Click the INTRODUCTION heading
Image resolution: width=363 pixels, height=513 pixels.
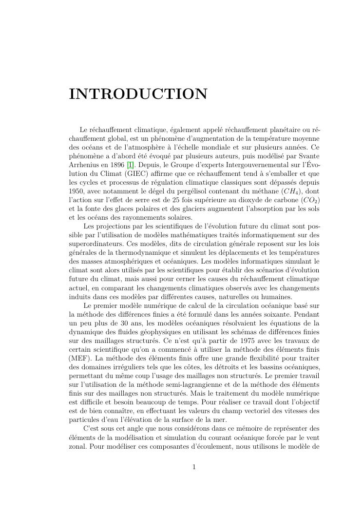coord(138,94)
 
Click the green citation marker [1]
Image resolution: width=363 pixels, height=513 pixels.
coord(130,165)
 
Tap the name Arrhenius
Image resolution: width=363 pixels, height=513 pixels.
coord(85,165)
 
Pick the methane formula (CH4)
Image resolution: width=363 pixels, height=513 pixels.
coord(291,191)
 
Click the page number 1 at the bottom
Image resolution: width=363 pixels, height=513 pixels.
coord(194,467)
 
